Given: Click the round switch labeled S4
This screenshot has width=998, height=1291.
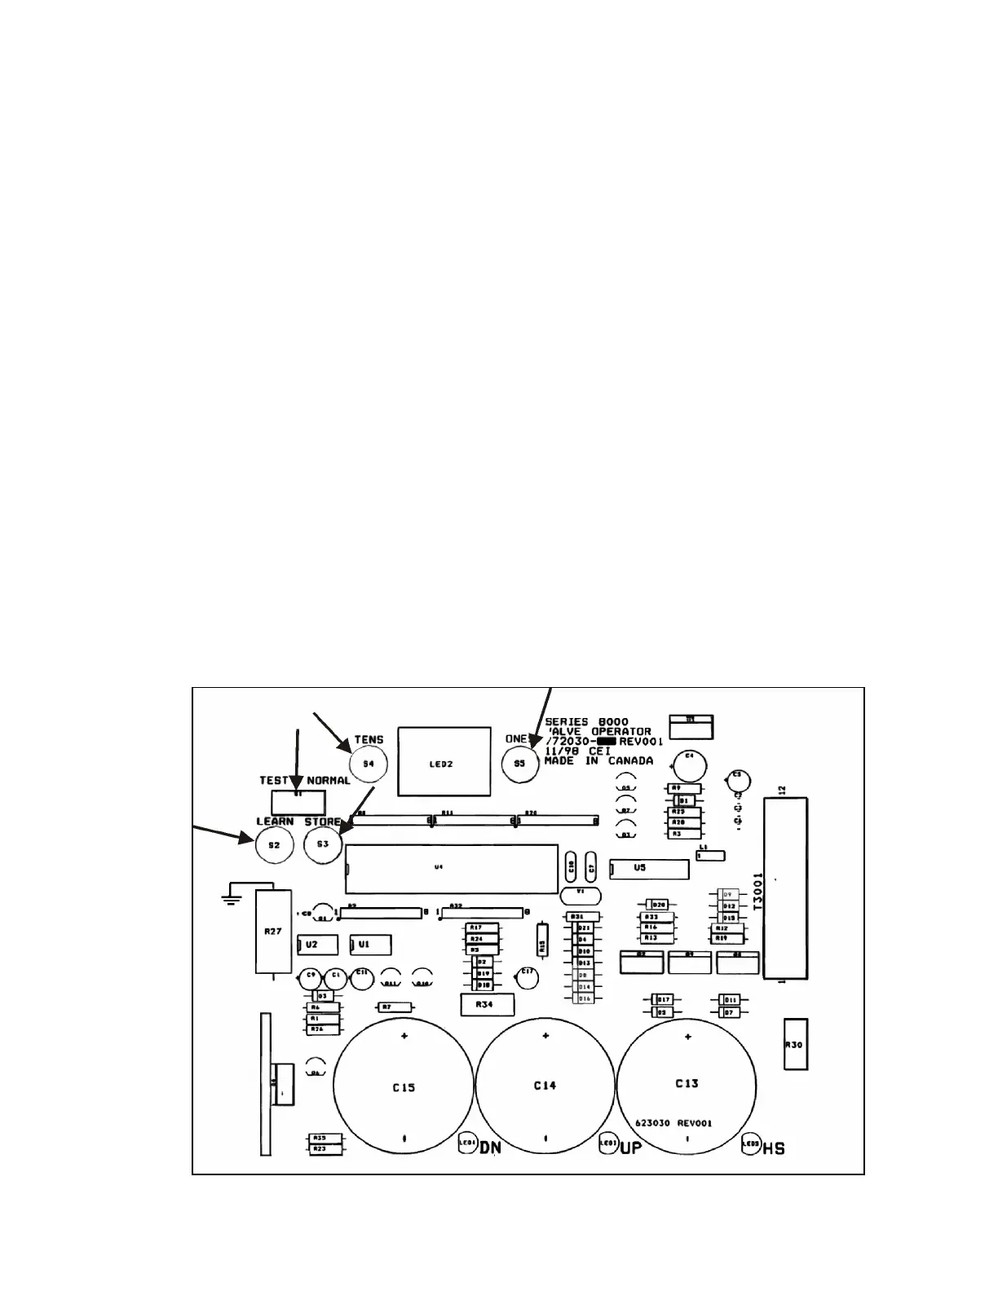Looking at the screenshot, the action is [368, 764].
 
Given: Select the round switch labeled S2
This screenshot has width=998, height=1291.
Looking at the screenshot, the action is [274, 845].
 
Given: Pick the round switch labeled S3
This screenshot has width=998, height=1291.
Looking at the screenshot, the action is [323, 844].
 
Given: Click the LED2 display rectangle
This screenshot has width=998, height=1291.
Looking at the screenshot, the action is [444, 761].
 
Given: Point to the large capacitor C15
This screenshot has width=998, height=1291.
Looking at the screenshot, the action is [404, 1087].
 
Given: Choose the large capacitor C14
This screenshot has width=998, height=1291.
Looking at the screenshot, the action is [545, 1086].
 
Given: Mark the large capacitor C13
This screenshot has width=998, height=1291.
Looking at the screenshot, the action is [687, 1084].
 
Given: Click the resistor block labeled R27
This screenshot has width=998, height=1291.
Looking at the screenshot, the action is [273, 932].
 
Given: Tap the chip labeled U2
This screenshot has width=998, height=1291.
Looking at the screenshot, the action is [318, 944].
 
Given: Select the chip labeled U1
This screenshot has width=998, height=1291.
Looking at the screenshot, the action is [370, 944].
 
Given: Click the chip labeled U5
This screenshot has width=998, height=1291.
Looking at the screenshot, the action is [649, 869].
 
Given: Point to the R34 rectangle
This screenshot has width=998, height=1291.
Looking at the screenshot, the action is [487, 1005].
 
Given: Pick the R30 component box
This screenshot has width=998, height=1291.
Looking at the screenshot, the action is [795, 1043].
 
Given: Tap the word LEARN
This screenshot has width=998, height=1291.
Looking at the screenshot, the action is [275, 821].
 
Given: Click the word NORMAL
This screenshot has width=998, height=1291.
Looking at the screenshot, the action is [328, 780].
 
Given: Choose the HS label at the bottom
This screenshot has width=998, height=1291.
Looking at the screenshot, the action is [775, 1148].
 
